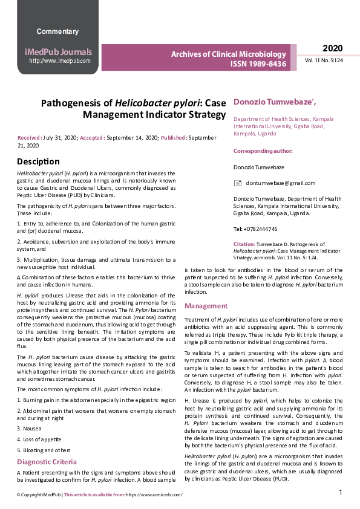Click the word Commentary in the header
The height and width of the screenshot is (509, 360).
tap(57, 31)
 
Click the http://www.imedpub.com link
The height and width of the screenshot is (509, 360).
tap(60, 61)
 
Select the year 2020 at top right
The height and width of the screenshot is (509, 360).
tap(332, 48)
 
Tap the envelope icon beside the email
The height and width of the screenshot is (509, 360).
tap(238, 183)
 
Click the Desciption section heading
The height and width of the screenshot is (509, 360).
tap(39, 161)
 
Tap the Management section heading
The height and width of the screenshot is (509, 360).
tap(206, 306)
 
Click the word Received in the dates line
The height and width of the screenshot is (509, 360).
tap(30, 138)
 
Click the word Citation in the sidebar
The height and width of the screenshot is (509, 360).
tap(244, 244)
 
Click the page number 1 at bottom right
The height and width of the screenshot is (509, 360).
tap(341, 493)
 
